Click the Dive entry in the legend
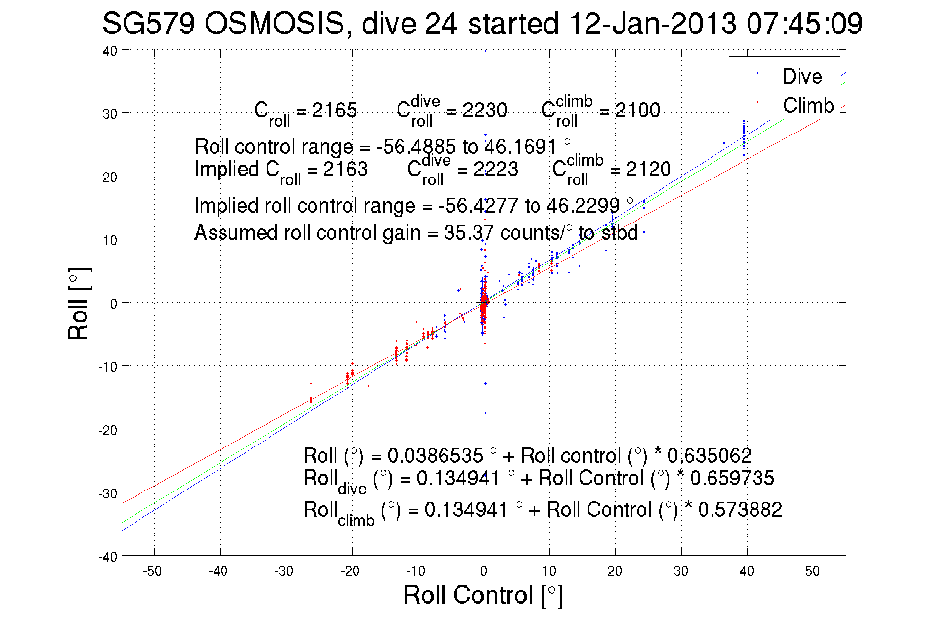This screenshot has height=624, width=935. tap(802, 76)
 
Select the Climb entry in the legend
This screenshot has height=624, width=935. tap(808, 105)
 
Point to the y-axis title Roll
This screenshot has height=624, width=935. tap(79, 304)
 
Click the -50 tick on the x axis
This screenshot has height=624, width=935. tap(152, 571)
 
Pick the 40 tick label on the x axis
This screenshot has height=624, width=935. tap(747, 571)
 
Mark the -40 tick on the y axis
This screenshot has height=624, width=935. tap(108, 557)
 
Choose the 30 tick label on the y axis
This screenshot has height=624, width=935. tap(110, 114)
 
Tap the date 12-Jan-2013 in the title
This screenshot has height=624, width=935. tap(653, 23)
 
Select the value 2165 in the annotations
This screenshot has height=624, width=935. tap(334, 110)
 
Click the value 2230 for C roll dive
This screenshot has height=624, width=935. tap(485, 110)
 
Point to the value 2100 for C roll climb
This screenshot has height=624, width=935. tap(637, 110)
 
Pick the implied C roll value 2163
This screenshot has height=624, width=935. tap(345, 169)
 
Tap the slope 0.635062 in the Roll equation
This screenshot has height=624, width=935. tap(710, 455)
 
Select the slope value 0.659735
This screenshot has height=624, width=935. tap(732, 478)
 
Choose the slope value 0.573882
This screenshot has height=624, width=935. tap(740, 510)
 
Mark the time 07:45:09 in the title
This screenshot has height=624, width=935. tap(804, 23)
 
